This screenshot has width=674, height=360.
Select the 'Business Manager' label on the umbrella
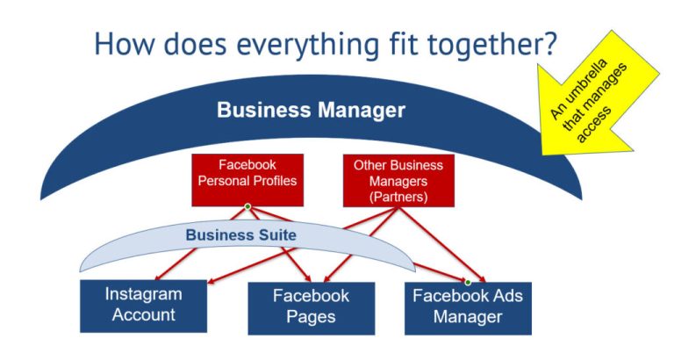311,111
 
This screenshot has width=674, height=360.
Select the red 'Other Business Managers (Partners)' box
398,180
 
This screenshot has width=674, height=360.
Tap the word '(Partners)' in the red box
398,197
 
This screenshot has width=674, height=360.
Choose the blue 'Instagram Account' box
143,306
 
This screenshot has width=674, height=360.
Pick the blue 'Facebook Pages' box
311,307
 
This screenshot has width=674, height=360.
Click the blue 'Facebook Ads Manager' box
467,307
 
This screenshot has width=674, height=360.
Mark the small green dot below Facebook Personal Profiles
247,207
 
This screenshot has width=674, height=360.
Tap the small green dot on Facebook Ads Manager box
468,283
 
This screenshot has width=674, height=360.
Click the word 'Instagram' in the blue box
143,294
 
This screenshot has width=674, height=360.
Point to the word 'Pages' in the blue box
311,317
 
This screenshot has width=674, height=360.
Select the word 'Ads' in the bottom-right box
505,296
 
